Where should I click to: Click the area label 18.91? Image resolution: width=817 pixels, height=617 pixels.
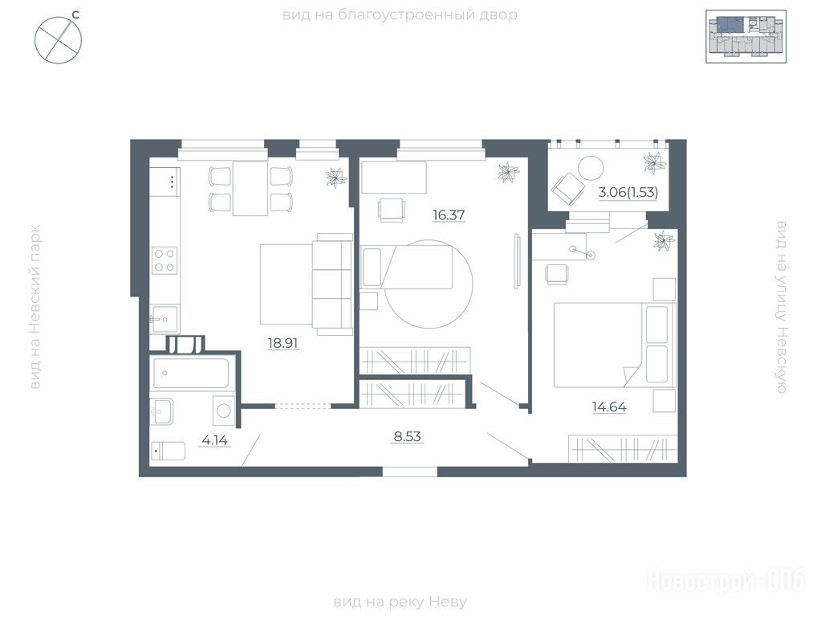tap(282, 343)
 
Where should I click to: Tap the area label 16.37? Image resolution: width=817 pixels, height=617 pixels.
tap(449, 215)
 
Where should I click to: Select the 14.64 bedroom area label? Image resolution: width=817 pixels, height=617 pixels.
tap(609, 407)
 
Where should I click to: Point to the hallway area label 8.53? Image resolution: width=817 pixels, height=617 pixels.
tap(408, 436)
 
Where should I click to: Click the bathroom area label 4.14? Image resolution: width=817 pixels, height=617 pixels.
tap(214, 440)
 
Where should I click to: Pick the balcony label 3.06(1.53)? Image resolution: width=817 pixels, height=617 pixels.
tap(628, 192)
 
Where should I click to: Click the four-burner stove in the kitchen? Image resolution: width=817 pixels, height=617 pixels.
tap(165, 260)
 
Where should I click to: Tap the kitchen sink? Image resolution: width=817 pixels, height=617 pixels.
tap(165, 319)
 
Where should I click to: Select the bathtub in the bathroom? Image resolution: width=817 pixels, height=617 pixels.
tap(189, 374)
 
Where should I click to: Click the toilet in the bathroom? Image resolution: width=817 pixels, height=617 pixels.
tap(168, 452)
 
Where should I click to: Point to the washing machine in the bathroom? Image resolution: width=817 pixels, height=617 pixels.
tap(224, 411)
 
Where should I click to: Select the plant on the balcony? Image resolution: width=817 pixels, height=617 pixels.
tap(654, 162)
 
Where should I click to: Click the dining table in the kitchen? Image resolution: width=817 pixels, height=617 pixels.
tap(250, 189)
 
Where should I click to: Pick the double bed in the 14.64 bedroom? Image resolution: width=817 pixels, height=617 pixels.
tap(615, 345)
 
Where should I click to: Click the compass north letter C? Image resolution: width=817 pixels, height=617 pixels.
tap(75, 14)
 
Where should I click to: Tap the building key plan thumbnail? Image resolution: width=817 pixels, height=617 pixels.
tap(746, 36)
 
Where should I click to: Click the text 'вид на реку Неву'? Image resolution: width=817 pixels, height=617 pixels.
tap(400, 603)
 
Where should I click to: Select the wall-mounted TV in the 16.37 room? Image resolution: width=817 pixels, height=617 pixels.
tap(516, 259)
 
